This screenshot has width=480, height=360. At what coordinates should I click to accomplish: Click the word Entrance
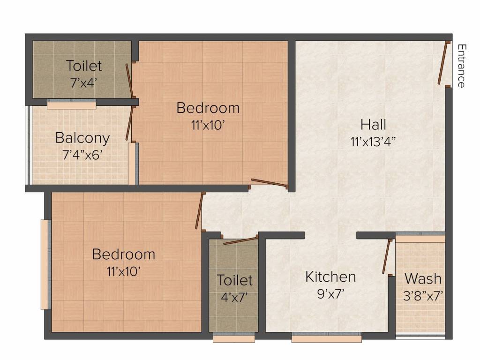462,66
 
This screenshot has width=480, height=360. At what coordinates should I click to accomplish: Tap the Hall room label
374,125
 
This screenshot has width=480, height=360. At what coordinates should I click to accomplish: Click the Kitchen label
330,277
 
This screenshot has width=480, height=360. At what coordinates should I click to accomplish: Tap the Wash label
423,278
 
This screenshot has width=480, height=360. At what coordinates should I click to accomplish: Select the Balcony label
82,138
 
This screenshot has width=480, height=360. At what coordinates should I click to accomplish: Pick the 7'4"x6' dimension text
82,155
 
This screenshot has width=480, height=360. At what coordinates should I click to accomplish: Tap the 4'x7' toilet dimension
234,297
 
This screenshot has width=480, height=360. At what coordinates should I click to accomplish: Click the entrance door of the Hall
442,64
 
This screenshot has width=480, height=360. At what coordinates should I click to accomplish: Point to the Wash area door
387,256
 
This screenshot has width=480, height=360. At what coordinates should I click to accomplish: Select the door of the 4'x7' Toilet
240,241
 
